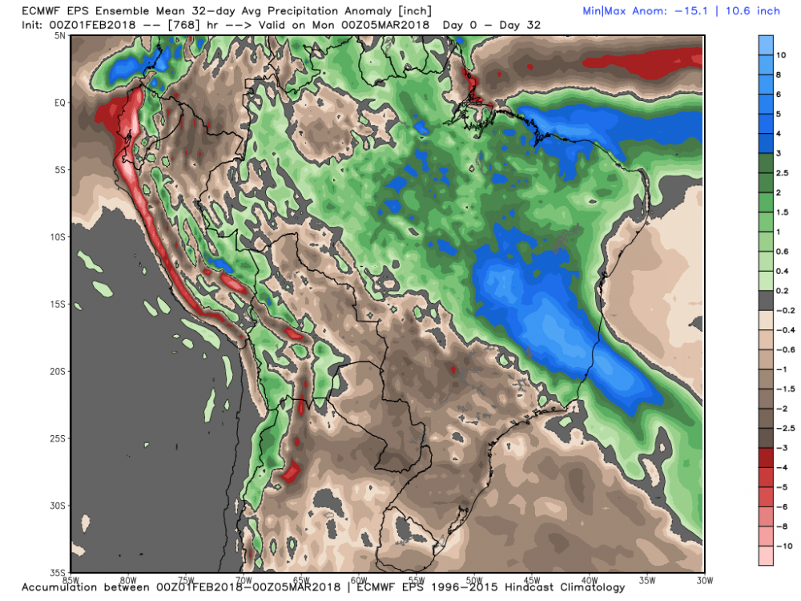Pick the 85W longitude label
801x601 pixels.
[x=72, y=579]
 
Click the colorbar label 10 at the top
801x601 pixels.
[x=781, y=56]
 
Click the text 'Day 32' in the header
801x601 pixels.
[x=521, y=25]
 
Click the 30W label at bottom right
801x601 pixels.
[x=705, y=579]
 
